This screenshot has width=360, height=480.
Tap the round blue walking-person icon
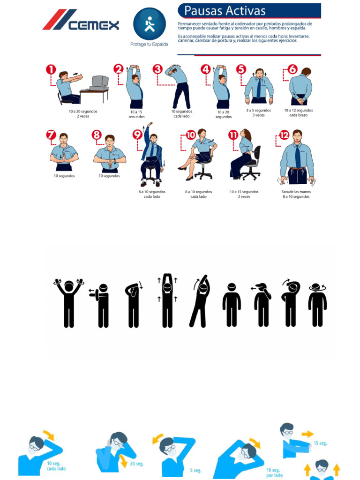149,23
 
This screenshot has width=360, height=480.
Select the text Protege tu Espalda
149,45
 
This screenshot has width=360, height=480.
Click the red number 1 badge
51,70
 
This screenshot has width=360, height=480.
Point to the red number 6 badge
292,69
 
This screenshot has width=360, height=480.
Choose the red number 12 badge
285,135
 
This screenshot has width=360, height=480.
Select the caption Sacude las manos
296,192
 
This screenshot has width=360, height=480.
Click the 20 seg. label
137,464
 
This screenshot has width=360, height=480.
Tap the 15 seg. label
320,443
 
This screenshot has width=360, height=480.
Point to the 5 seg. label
195,470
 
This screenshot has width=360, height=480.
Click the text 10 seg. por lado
274,472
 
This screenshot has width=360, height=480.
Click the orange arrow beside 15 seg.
307,434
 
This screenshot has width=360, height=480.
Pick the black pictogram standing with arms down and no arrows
231,305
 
